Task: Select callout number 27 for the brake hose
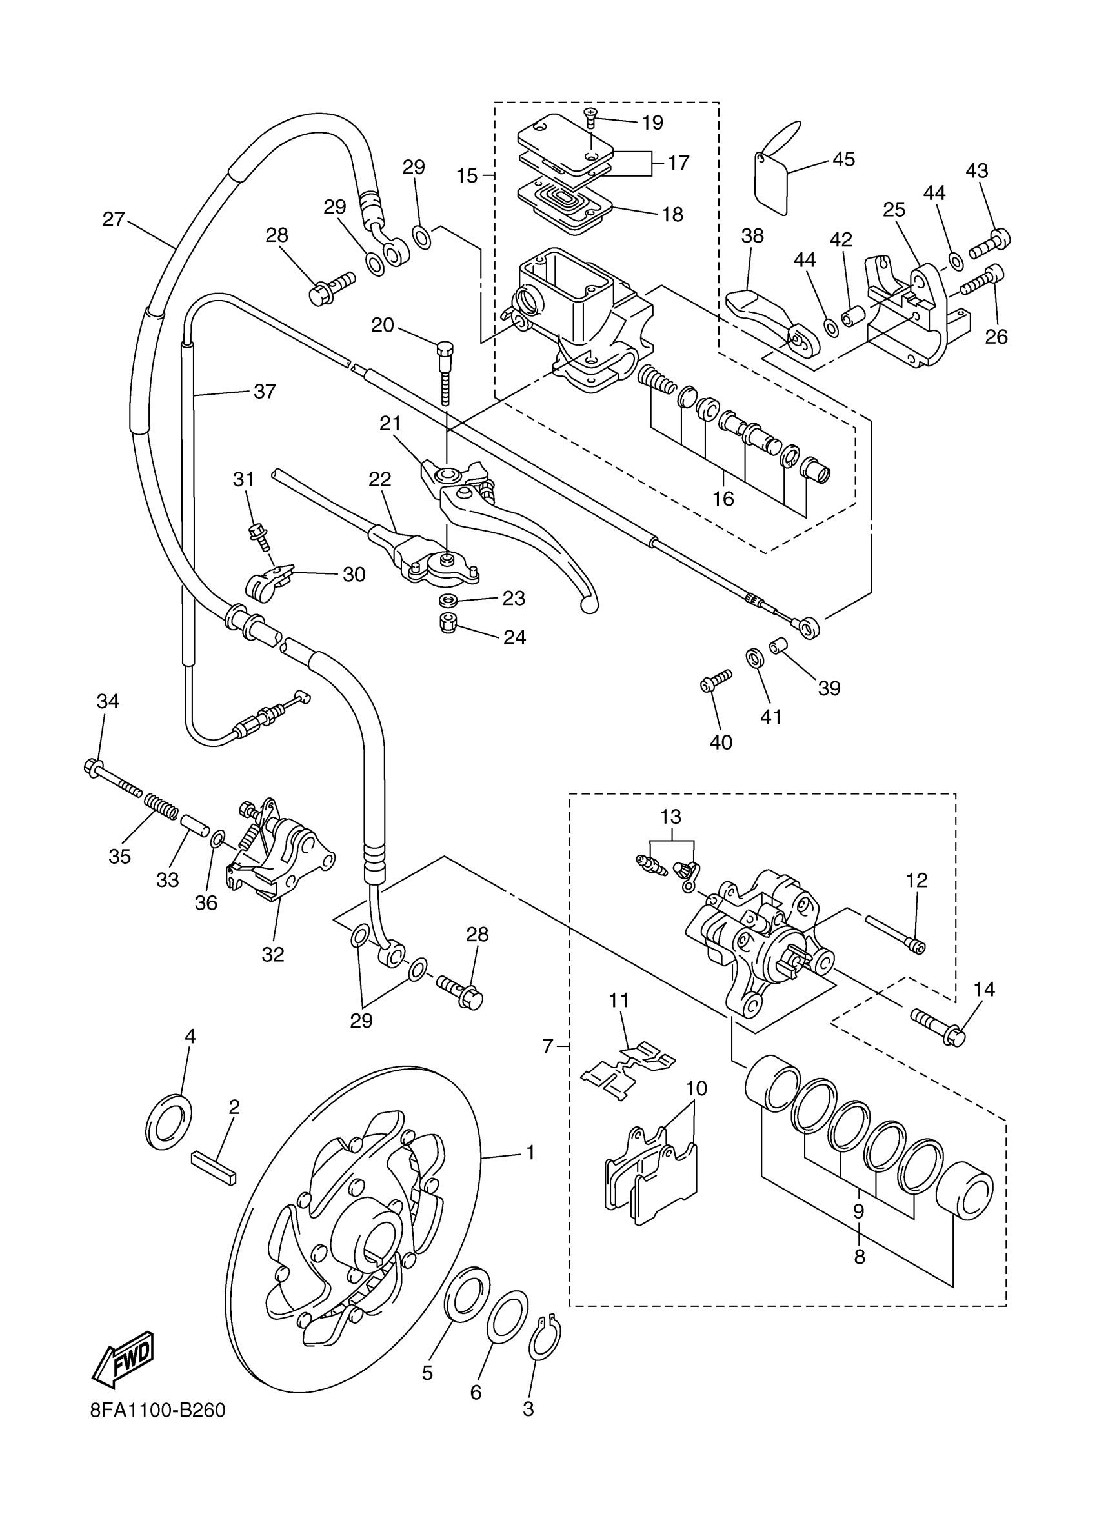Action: pos(114,219)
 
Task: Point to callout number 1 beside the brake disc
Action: pos(531,1152)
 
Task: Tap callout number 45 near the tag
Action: pos(844,159)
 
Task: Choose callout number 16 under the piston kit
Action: pos(723,498)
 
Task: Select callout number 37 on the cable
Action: pos(265,391)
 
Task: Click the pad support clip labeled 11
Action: pos(629,1073)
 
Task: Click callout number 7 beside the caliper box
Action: pos(547,1047)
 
